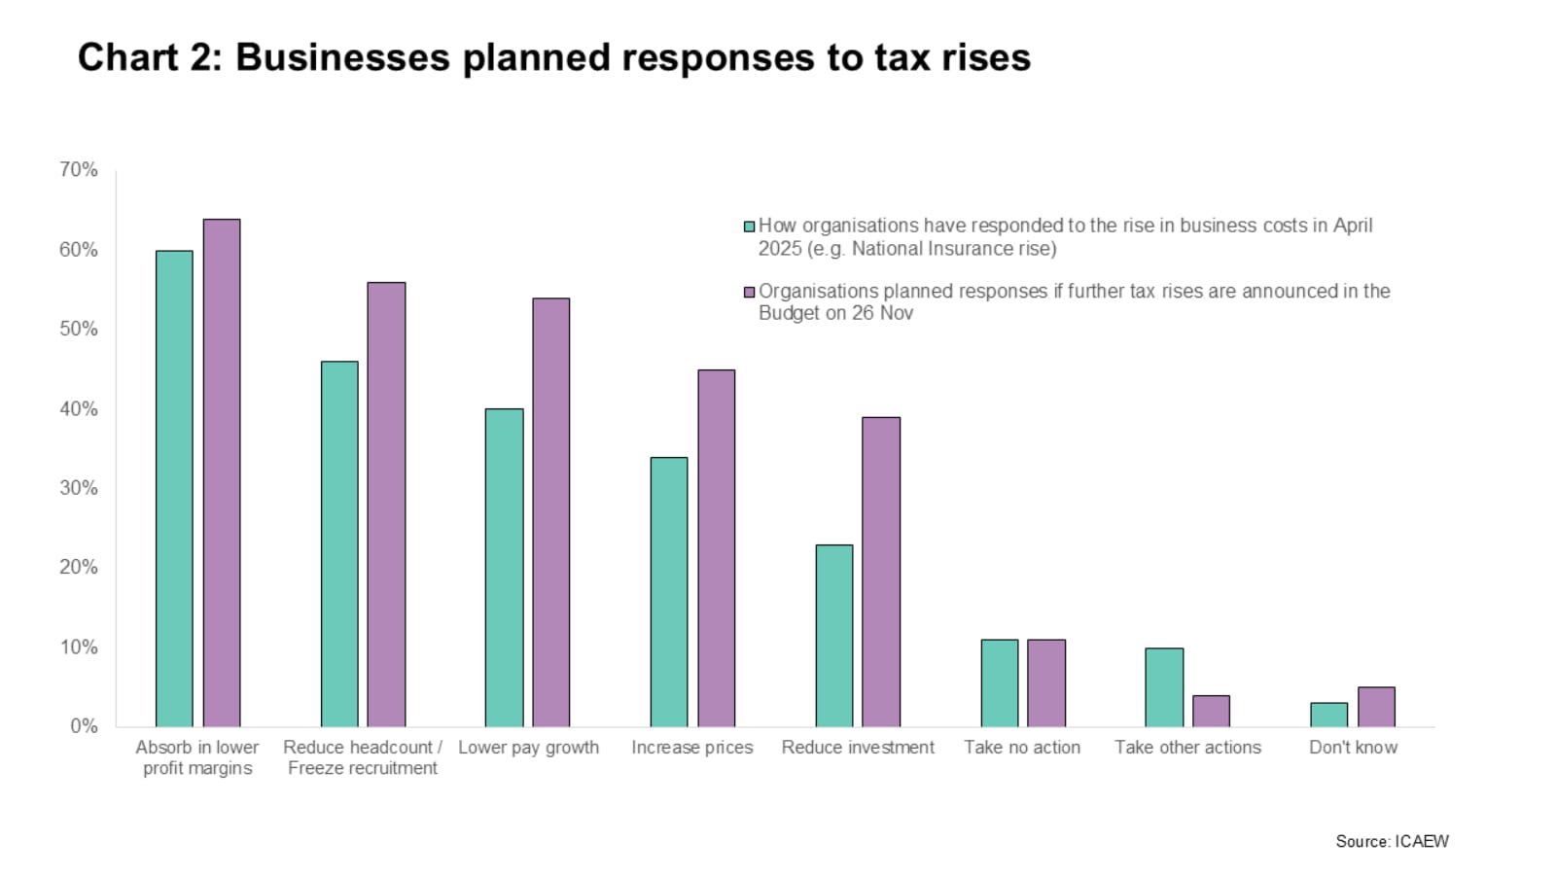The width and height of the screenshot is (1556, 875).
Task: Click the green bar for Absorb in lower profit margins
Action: (174, 488)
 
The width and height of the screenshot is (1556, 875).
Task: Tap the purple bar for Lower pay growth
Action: (551, 512)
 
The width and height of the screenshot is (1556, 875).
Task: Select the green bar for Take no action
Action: (999, 682)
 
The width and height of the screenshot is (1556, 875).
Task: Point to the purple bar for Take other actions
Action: (1211, 711)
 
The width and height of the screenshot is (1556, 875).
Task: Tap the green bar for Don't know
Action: (1328, 715)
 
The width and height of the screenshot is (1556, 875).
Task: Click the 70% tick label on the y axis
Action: (78, 170)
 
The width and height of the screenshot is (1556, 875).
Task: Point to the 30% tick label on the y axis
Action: (78, 488)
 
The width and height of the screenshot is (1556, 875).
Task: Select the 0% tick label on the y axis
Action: (83, 726)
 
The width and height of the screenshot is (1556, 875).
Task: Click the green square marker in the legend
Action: (749, 227)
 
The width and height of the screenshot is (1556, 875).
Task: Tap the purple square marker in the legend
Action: (749, 292)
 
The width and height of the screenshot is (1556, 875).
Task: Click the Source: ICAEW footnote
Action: (1392, 841)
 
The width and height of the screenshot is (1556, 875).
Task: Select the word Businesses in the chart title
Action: (342, 57)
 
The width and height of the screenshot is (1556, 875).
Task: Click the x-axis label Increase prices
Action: (691, 748)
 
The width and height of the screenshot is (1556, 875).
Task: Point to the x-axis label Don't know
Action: (1353, 748)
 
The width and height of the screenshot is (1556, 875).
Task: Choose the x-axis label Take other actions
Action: (1187, 748)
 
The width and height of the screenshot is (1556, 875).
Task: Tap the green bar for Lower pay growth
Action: (504, 567)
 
